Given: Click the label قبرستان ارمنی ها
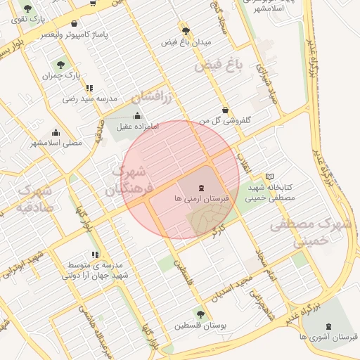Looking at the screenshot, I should pyautogui.click(x=202, y=200).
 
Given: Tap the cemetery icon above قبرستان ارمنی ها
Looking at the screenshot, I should pyautogui.click(x=202, y=188).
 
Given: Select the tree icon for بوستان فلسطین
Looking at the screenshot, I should pyautogui.click(x=200, y=314).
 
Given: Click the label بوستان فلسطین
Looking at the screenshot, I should pyautogui.click(x=200, y=326).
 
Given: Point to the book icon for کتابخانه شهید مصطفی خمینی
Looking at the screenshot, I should pyautogui.click(x=270, y=176).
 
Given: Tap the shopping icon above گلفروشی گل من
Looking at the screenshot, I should pyautogui.click(x=225, y=110).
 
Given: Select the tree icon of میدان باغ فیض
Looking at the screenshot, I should pyautogui.click(x=186, y=31).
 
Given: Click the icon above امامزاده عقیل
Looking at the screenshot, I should pyautogui.click(x=137, y=115).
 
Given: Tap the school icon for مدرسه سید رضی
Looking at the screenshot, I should pyautogui.click(x=89, y=88).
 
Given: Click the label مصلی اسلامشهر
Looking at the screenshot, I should pyautogui.click(x=56, y=143).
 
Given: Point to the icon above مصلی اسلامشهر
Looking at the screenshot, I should pyautogui.click(x=56, y=132).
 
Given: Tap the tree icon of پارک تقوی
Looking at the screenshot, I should pyautogui.click(x=27, y=10).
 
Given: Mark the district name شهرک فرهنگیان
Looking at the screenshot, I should pyautogui.click(x=126, y=180).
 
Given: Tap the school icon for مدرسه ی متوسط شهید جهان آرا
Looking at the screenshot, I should pyautogui.click(x=95, y=255).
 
